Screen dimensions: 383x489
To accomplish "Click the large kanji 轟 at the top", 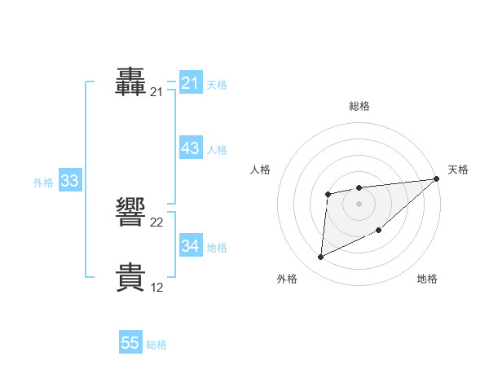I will point(131,81).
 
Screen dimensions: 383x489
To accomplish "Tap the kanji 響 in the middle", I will point(131,211).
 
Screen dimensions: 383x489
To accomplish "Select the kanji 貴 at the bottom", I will point(131,276).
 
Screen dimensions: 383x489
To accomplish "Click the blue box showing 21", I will point(190,83).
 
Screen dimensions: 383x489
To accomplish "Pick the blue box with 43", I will point(190,148).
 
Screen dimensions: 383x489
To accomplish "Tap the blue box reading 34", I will point(190,245).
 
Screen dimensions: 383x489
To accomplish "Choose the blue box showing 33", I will point(69,181).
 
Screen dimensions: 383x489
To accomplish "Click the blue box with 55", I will point(130,343).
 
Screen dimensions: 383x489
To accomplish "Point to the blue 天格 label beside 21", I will point(217,84).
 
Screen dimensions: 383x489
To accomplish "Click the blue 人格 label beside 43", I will point(217,149).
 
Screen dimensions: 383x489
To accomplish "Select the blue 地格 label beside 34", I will point(217,247).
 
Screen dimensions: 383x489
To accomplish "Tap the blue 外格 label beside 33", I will point(43,183).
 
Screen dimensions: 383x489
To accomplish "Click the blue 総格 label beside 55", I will point(156,345).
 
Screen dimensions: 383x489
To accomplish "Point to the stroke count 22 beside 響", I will point(157,222).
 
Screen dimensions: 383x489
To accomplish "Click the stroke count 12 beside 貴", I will point(157,288).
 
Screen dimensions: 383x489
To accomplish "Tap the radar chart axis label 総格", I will point(359,106).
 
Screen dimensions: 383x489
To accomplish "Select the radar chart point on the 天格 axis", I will point(436,178).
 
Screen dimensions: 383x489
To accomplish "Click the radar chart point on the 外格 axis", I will point(320,257).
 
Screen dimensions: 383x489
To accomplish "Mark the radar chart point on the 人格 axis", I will point(328,193).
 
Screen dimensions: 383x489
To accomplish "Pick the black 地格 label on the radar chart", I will point(427,280).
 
